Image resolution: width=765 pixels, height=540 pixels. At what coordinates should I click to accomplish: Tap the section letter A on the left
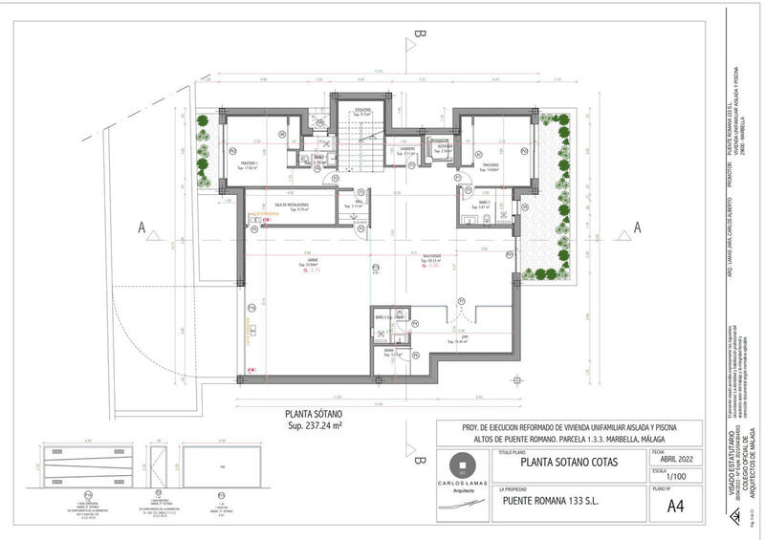142,227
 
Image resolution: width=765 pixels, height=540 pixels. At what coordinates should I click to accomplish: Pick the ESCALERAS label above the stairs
363,110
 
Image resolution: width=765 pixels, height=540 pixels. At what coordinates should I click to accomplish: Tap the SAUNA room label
390,351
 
